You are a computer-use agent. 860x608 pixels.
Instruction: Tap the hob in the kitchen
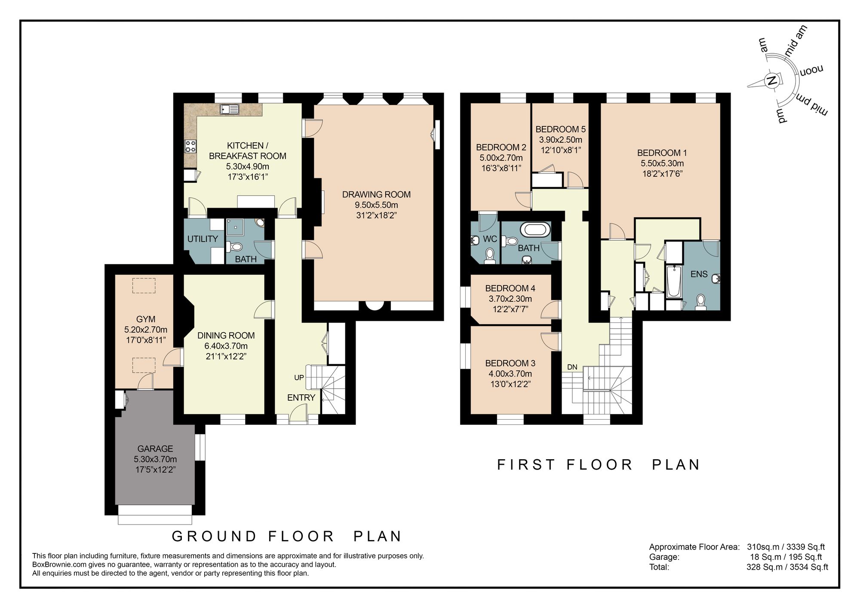(190, 146)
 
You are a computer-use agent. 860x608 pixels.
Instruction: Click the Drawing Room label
(376, 194)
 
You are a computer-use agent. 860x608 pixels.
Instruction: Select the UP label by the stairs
(299, 378)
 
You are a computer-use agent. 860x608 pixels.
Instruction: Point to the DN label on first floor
(572, 367)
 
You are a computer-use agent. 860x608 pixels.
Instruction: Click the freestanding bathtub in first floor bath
(535, 229)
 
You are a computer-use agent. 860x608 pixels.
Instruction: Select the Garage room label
(155, 448)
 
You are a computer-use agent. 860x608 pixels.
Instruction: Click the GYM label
(146, 319)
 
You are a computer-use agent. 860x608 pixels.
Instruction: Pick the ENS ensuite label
(699, 274)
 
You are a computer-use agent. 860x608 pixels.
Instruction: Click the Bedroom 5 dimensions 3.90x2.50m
(560, 140)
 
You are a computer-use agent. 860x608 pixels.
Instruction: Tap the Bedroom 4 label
(510, 288)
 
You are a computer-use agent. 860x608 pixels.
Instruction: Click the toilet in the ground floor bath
(236, 247)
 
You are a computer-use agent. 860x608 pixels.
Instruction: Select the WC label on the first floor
(490, 239)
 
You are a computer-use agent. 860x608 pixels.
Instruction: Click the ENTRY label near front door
(301, 398)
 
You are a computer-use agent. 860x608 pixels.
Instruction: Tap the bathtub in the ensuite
(673, 282)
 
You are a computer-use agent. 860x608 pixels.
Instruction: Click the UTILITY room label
(203, 239)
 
